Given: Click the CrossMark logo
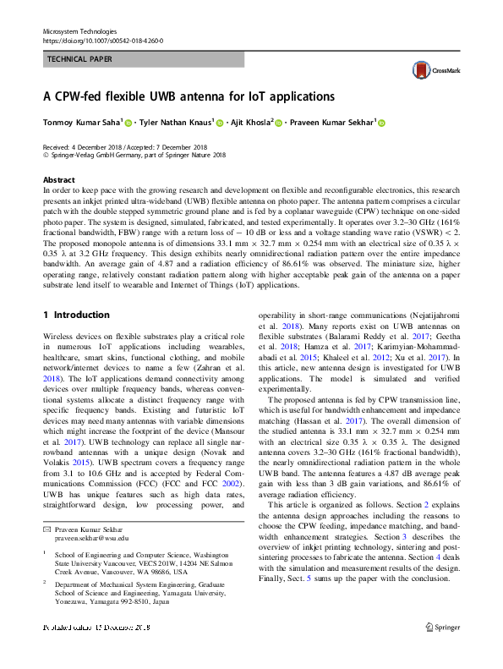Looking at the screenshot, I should pos(431,72).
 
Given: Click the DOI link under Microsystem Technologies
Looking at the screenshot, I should pos(102,40).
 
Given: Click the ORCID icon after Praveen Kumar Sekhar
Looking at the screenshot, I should pos(380,123).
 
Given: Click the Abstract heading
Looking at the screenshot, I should pos(58,180).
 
